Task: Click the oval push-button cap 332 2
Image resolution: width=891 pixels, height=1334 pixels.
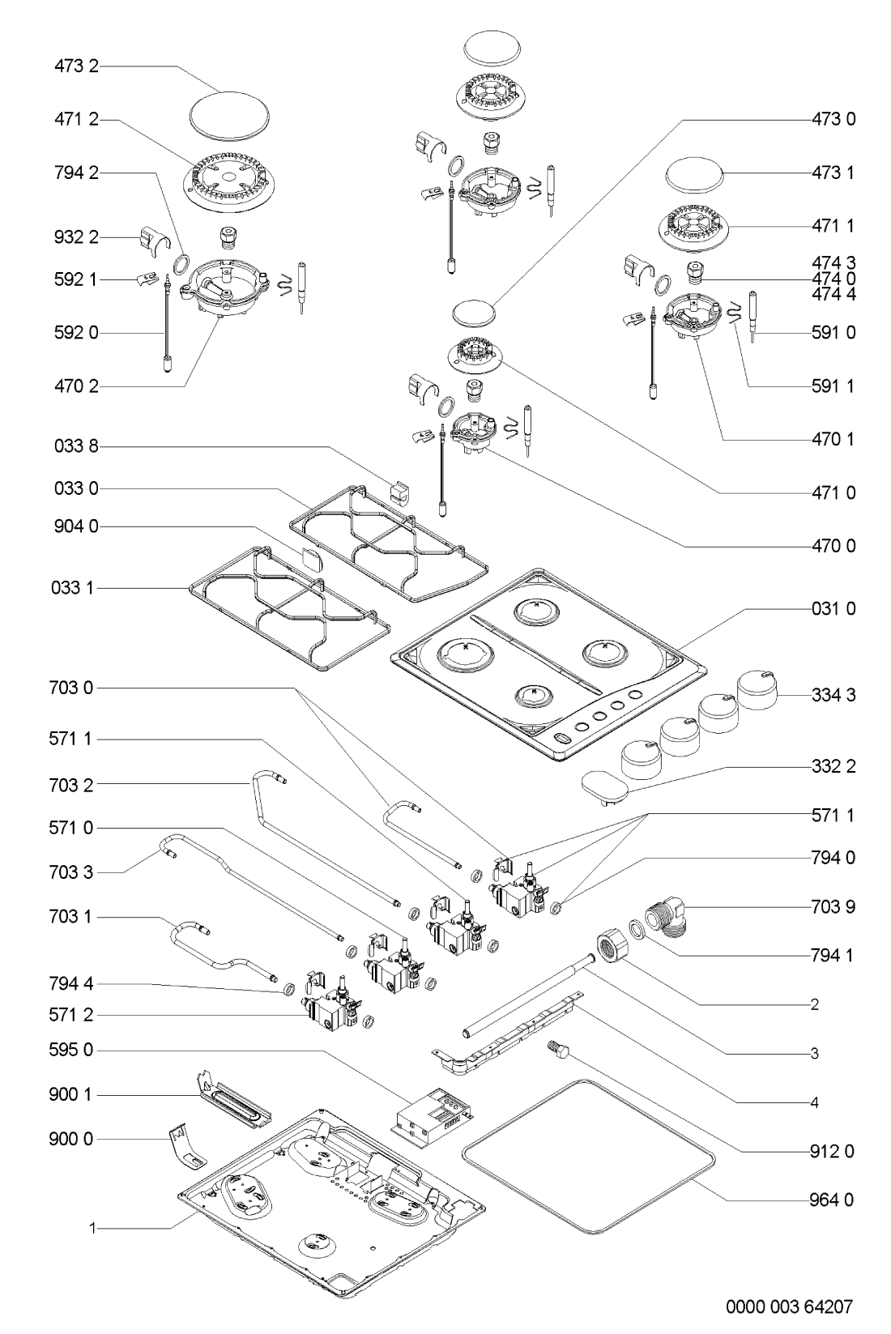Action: tap(604, 786)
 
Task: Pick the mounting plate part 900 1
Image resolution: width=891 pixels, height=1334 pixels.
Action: tap(234, 1097)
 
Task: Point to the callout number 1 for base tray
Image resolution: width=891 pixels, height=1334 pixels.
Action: tap(93, 1229)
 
